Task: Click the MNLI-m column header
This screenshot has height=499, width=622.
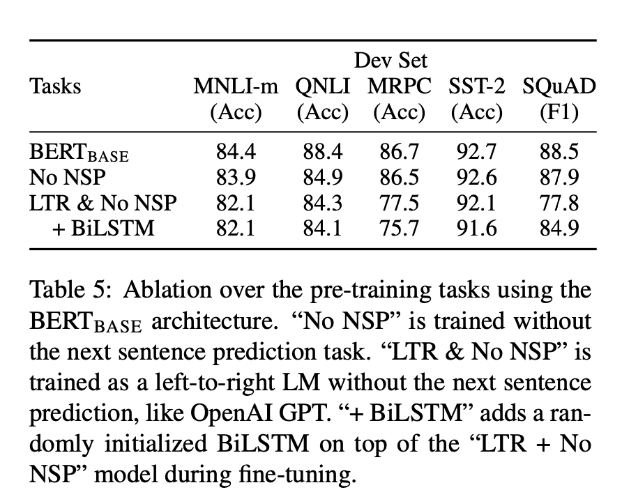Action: click(x=236, y=86)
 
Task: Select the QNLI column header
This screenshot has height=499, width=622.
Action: click(x=322, y=87)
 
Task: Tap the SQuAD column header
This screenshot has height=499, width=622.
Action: click(x=559, y=87)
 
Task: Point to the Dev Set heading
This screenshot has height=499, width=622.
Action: click(x=390, y=61)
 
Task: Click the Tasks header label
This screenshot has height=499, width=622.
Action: click(x=55, y=86)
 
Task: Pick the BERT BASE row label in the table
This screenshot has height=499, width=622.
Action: click(x=79, y=152)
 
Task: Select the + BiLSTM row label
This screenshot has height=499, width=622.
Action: click(x=103, y=229)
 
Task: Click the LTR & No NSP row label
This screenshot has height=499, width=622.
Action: click(x=103, y=203)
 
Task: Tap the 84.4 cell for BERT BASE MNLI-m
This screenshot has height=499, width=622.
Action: click(x=236, y=151)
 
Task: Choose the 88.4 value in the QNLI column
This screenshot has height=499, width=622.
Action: click(x=322, y=151)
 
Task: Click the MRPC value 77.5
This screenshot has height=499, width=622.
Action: click(x=399, y=203)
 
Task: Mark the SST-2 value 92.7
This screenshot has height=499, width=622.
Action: click(x=476, y=151)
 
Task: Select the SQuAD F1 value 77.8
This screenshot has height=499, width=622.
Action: click(x=559, y=203)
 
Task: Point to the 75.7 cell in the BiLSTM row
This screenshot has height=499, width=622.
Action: click(x=399, y=229)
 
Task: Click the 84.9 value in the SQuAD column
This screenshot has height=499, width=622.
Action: click(x=559, y=229)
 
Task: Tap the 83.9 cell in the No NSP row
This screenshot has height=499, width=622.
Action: click(x=236, y=177)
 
